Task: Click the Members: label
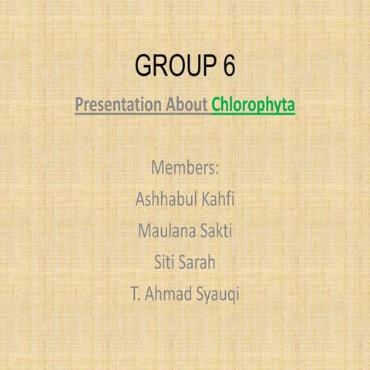click(185, 167)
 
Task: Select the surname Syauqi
click(218, 294)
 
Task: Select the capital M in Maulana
click(144, 230)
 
